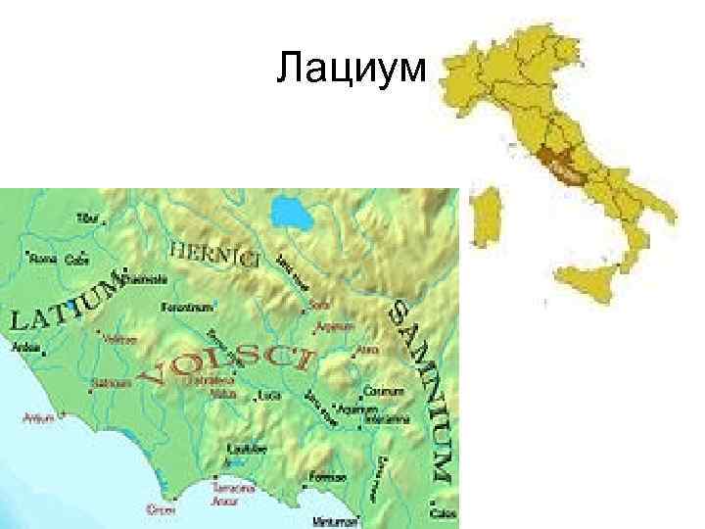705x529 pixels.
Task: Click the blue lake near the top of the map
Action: [291, 211]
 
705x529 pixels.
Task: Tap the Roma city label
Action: [43, 260]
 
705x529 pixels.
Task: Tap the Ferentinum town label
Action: [187, 307]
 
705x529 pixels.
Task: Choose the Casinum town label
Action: [383, 391]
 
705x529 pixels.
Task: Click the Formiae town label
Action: [326, 477]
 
